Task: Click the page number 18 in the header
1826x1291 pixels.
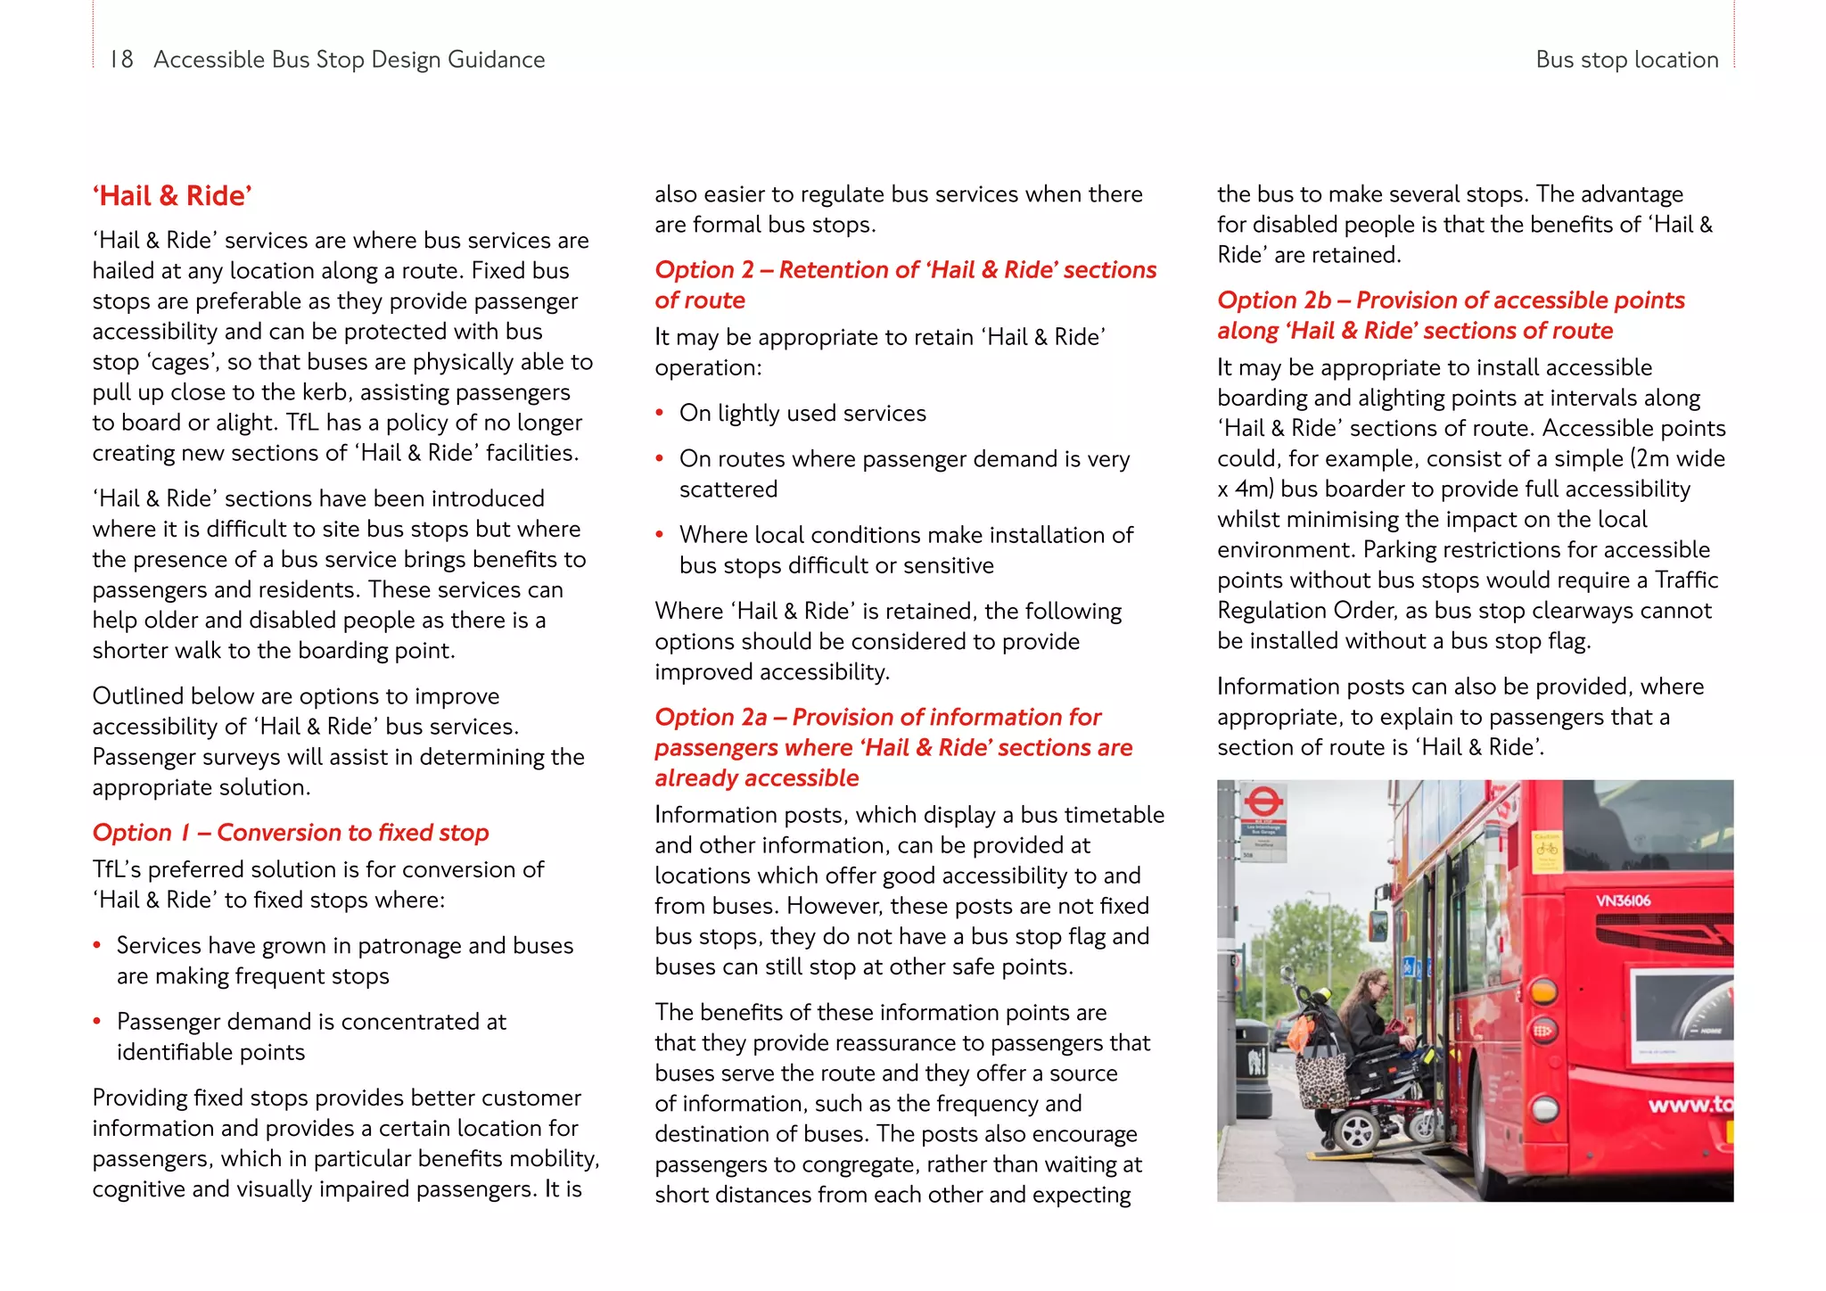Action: (121, 60)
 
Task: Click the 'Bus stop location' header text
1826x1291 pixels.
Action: (1626, 60)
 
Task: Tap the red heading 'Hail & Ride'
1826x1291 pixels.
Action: (173, 196)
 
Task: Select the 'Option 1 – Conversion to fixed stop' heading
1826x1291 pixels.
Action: (291, 833)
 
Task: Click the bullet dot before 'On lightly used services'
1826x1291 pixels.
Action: (660, 413)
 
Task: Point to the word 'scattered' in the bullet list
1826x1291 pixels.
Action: (728, 489)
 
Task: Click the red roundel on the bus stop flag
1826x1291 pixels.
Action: (1263, 800)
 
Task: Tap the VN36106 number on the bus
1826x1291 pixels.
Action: (1623, 900)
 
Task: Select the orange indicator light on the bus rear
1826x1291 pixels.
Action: (1544, 991)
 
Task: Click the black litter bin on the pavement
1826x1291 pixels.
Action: (1253, 1070)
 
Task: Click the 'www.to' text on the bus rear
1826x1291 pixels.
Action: (1690, 1106)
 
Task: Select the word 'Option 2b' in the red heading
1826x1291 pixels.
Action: (1274, 300)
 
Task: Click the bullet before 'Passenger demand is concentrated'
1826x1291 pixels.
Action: (97, 1022)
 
